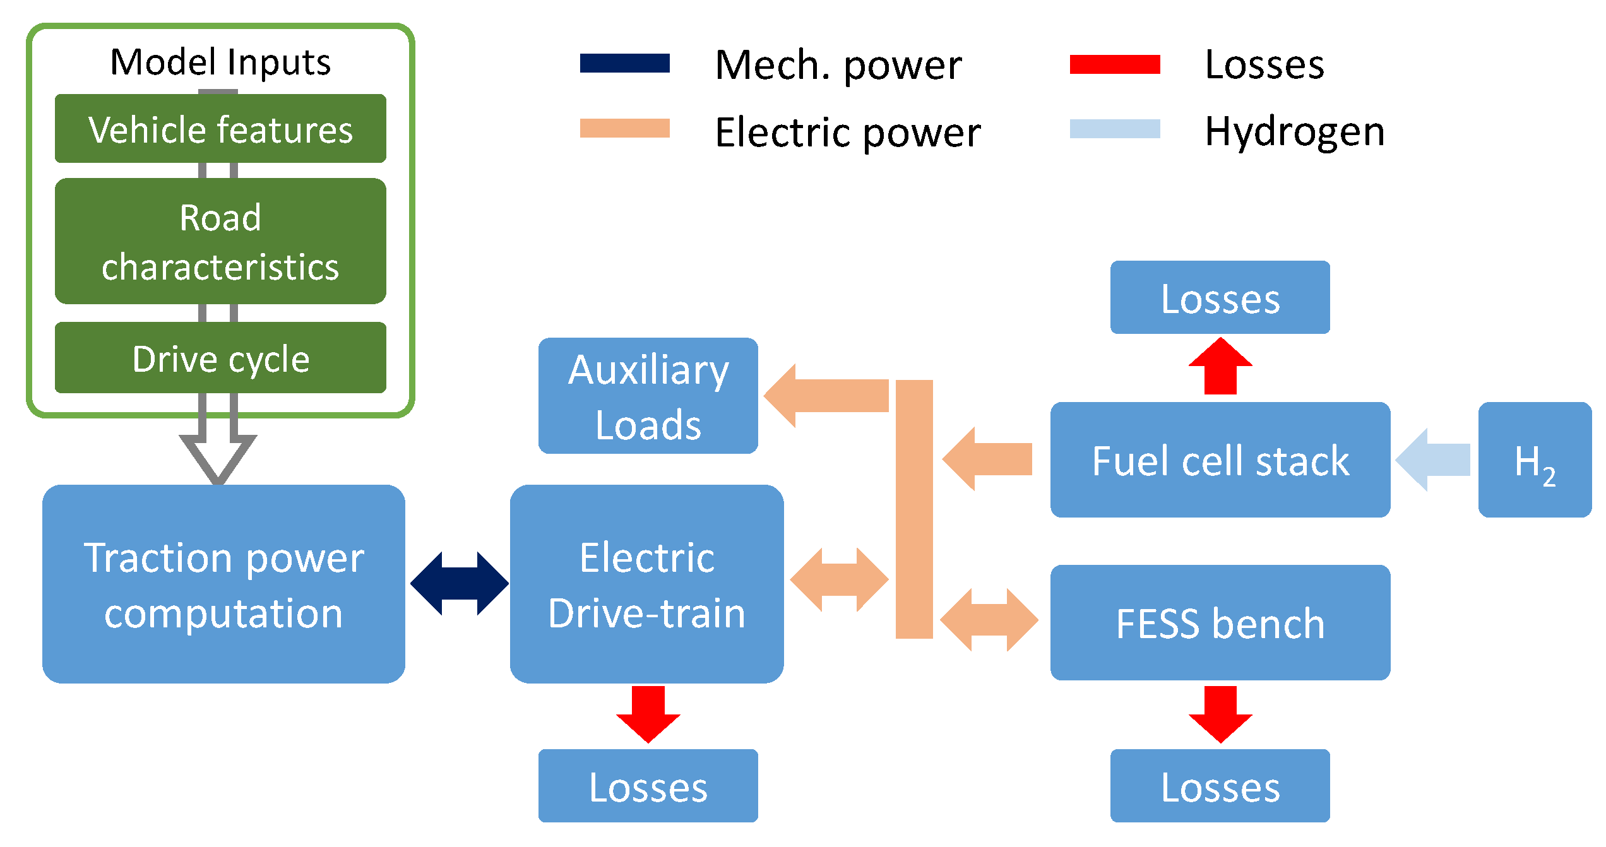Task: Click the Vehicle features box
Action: [x=220, y=129]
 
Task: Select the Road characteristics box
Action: [x=220, y=241]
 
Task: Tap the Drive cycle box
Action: [x=220, y=358]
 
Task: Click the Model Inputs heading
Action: [x=220, y=62]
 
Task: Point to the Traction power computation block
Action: [x=223, y=584]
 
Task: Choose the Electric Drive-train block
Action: [x=646, y=584]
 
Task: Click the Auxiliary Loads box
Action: [x=648, y=396]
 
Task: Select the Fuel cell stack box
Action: [x=1220, y=460]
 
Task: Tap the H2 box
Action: [x=1534, y=460]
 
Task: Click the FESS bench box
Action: [x=1220, y=622]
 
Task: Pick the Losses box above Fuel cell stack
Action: [x=1220, y=297]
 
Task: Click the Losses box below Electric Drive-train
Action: [x=648, y=786]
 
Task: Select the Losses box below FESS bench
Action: [x=1220, y=786]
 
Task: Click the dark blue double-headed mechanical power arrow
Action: [x=459, y=584]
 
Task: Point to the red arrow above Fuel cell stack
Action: [x=1220, y=367]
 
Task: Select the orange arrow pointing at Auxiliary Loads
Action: [x=827, y=396]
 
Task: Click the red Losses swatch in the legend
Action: [x=1115, y=64]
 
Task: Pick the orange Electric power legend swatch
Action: [x=624, y=128]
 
